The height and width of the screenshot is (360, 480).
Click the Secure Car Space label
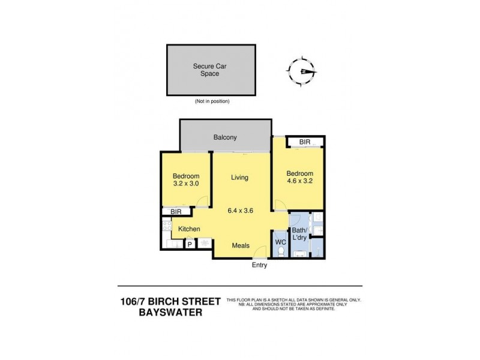[205, 70]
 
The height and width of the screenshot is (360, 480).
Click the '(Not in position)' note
[212, 101]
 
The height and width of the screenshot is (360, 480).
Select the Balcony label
[225, 137]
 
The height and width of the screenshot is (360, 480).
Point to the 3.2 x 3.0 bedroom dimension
[185, 184]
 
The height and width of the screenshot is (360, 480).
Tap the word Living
[239, 178]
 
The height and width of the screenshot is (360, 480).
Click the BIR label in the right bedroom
[305, 142]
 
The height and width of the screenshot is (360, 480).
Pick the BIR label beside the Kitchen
[176, 212]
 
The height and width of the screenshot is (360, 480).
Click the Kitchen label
[188, 229]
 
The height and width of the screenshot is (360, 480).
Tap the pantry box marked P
[190, 244]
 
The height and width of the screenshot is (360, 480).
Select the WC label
[280, 242]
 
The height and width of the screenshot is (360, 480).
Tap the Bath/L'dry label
[300, 235]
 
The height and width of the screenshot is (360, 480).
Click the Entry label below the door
[259, 265]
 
